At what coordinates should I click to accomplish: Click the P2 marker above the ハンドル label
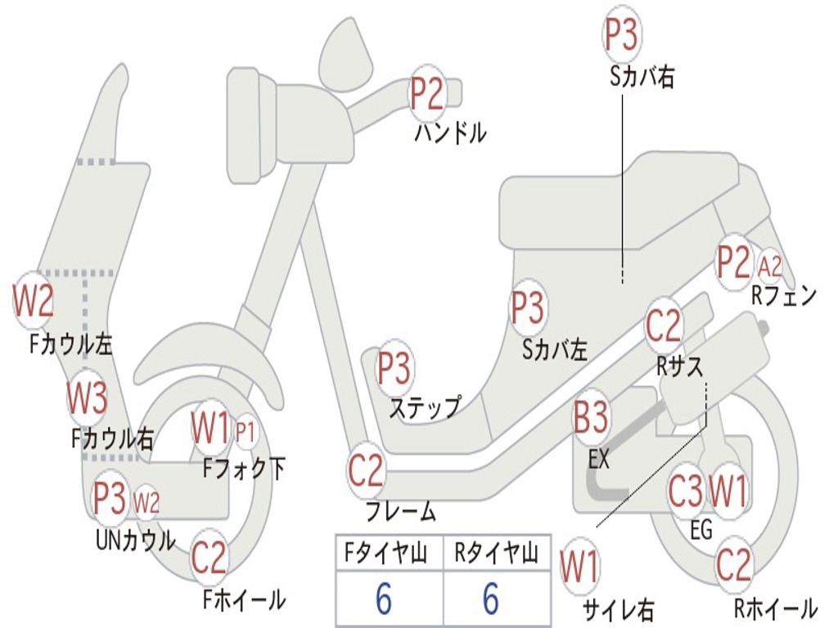[x=427, y=93]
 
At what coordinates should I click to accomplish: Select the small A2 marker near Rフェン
[x=770, y=266]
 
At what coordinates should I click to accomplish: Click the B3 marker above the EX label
[x=591, y=419]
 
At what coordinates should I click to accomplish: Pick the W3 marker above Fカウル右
[x=87, y=398]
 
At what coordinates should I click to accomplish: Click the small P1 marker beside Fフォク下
[x=246, y=432]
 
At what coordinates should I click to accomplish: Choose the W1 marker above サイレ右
[x=579, y=567]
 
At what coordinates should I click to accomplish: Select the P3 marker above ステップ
[x=394, y=369]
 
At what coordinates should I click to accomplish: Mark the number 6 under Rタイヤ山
[x=491, y=600]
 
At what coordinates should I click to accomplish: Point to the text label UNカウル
[x=136, y=541]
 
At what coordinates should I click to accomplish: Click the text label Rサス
[x=680, y=367]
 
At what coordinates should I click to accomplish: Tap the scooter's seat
[x=622, y=200]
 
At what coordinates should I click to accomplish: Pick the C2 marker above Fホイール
[x=209, y=558]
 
